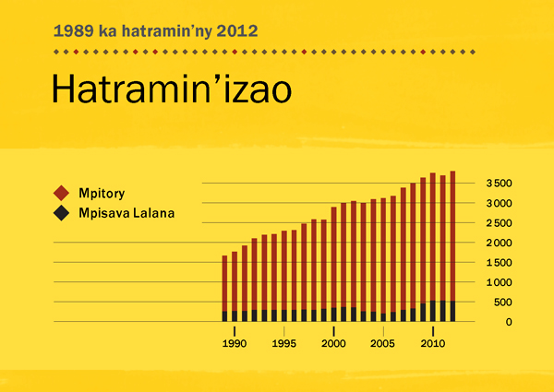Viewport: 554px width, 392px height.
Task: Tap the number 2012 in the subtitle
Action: tap(237, 30)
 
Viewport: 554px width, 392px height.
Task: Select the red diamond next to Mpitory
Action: tap(62, 193)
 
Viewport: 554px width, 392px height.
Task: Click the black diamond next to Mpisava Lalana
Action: tap(62, 213)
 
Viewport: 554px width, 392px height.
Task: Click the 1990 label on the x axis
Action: tap(235, 344)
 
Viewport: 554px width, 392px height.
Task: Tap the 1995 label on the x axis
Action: tap(283, 344)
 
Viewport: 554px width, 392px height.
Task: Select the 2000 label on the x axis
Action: tap(332, 344)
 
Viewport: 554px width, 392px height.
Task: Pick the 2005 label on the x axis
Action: tap(383, 344)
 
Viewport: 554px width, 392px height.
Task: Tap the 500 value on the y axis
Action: tap(503, 302)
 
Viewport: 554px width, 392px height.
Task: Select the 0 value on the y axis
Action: tap(509, 322)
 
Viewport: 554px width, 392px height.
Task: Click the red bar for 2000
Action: tap(333, 257)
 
